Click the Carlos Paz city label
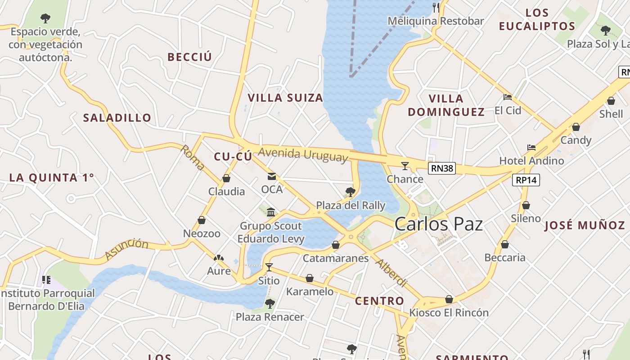(x=439, y=224)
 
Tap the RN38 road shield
(x=442, y=169)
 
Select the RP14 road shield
(x=526, y=180)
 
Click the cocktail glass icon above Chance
(x=405, y=166)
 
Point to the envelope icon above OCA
(x=272, y=176)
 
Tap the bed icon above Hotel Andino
(x=531, y=148)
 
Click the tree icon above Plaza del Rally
(x=351, y=193)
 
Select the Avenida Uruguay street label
(x=303, y=154)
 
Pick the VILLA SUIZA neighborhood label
(x=285, y=98)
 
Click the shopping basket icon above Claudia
(x=226, y=179)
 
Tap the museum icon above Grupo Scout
(x=271, y=212)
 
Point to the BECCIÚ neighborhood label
(x=189, y=57)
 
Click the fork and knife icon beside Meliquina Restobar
(x=436, y=7)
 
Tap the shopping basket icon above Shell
(x=611, y=101)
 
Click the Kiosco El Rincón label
(x=449, y=312)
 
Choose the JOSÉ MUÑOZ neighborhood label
(x=585, y=225)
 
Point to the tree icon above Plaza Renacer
(x=270, y=304)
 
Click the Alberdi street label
(x=391, y=273)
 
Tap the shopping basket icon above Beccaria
(x=505, y=244)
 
